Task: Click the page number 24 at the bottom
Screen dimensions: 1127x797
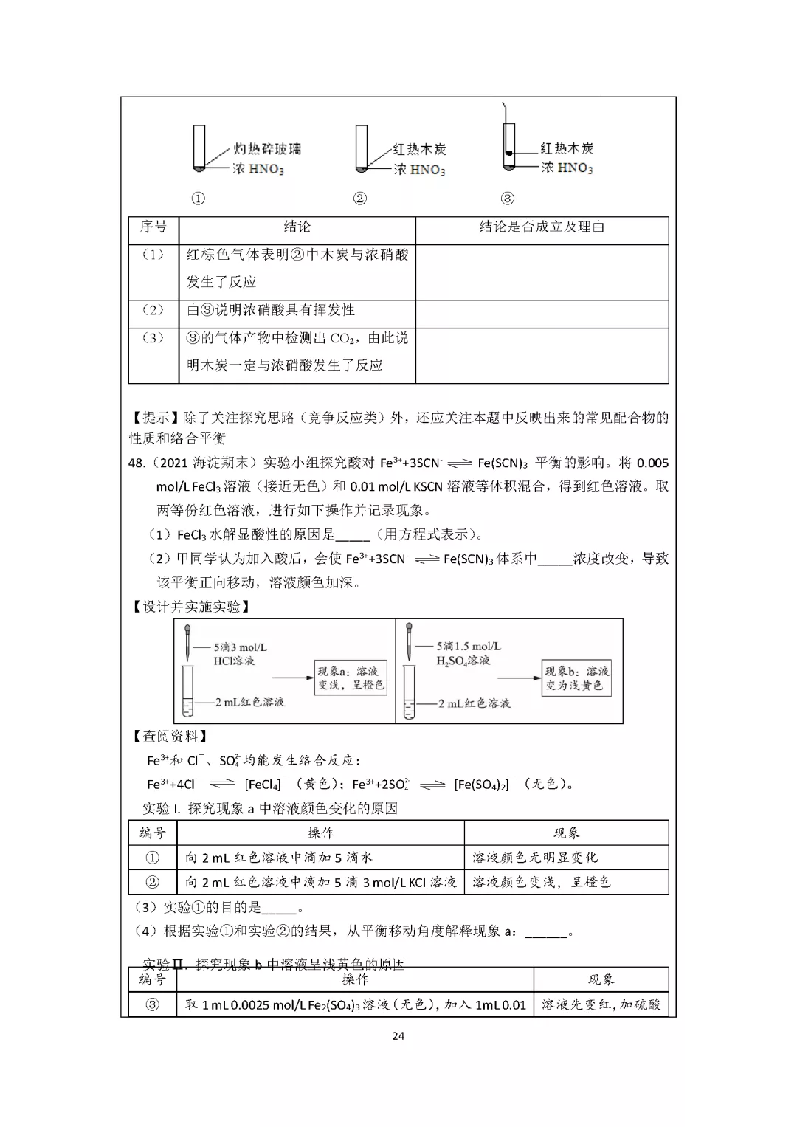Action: tap(398, 1035)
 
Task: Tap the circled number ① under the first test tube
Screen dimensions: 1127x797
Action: tap(198, 199)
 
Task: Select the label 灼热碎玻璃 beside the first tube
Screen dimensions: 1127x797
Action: tap(267, 149)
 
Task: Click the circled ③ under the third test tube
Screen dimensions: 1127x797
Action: tap(507, 199)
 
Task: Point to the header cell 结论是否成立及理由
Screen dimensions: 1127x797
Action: tap(542, 227)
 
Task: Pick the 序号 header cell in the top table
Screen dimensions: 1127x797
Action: tap(153, 227)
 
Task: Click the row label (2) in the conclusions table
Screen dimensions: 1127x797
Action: tap(153, 310)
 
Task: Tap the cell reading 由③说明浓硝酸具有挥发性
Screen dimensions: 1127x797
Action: tap(271, 310)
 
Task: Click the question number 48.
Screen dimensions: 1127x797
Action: tap(137, 463)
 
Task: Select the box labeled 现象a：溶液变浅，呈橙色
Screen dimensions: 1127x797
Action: tap(351, 678)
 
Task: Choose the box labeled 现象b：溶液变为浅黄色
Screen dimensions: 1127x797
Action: tap(576, 678)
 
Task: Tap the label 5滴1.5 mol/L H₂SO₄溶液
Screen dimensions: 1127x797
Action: tap(466, 653)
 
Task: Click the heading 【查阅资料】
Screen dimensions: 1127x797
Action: tap(169, 736)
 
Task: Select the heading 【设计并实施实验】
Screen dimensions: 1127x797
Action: tap(190, 606)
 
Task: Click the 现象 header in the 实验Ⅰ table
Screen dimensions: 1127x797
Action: tap(566, 833)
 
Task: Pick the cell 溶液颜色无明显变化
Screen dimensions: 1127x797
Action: tap(535, 858)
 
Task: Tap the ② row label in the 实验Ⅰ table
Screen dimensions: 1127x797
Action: tap(153, 882)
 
